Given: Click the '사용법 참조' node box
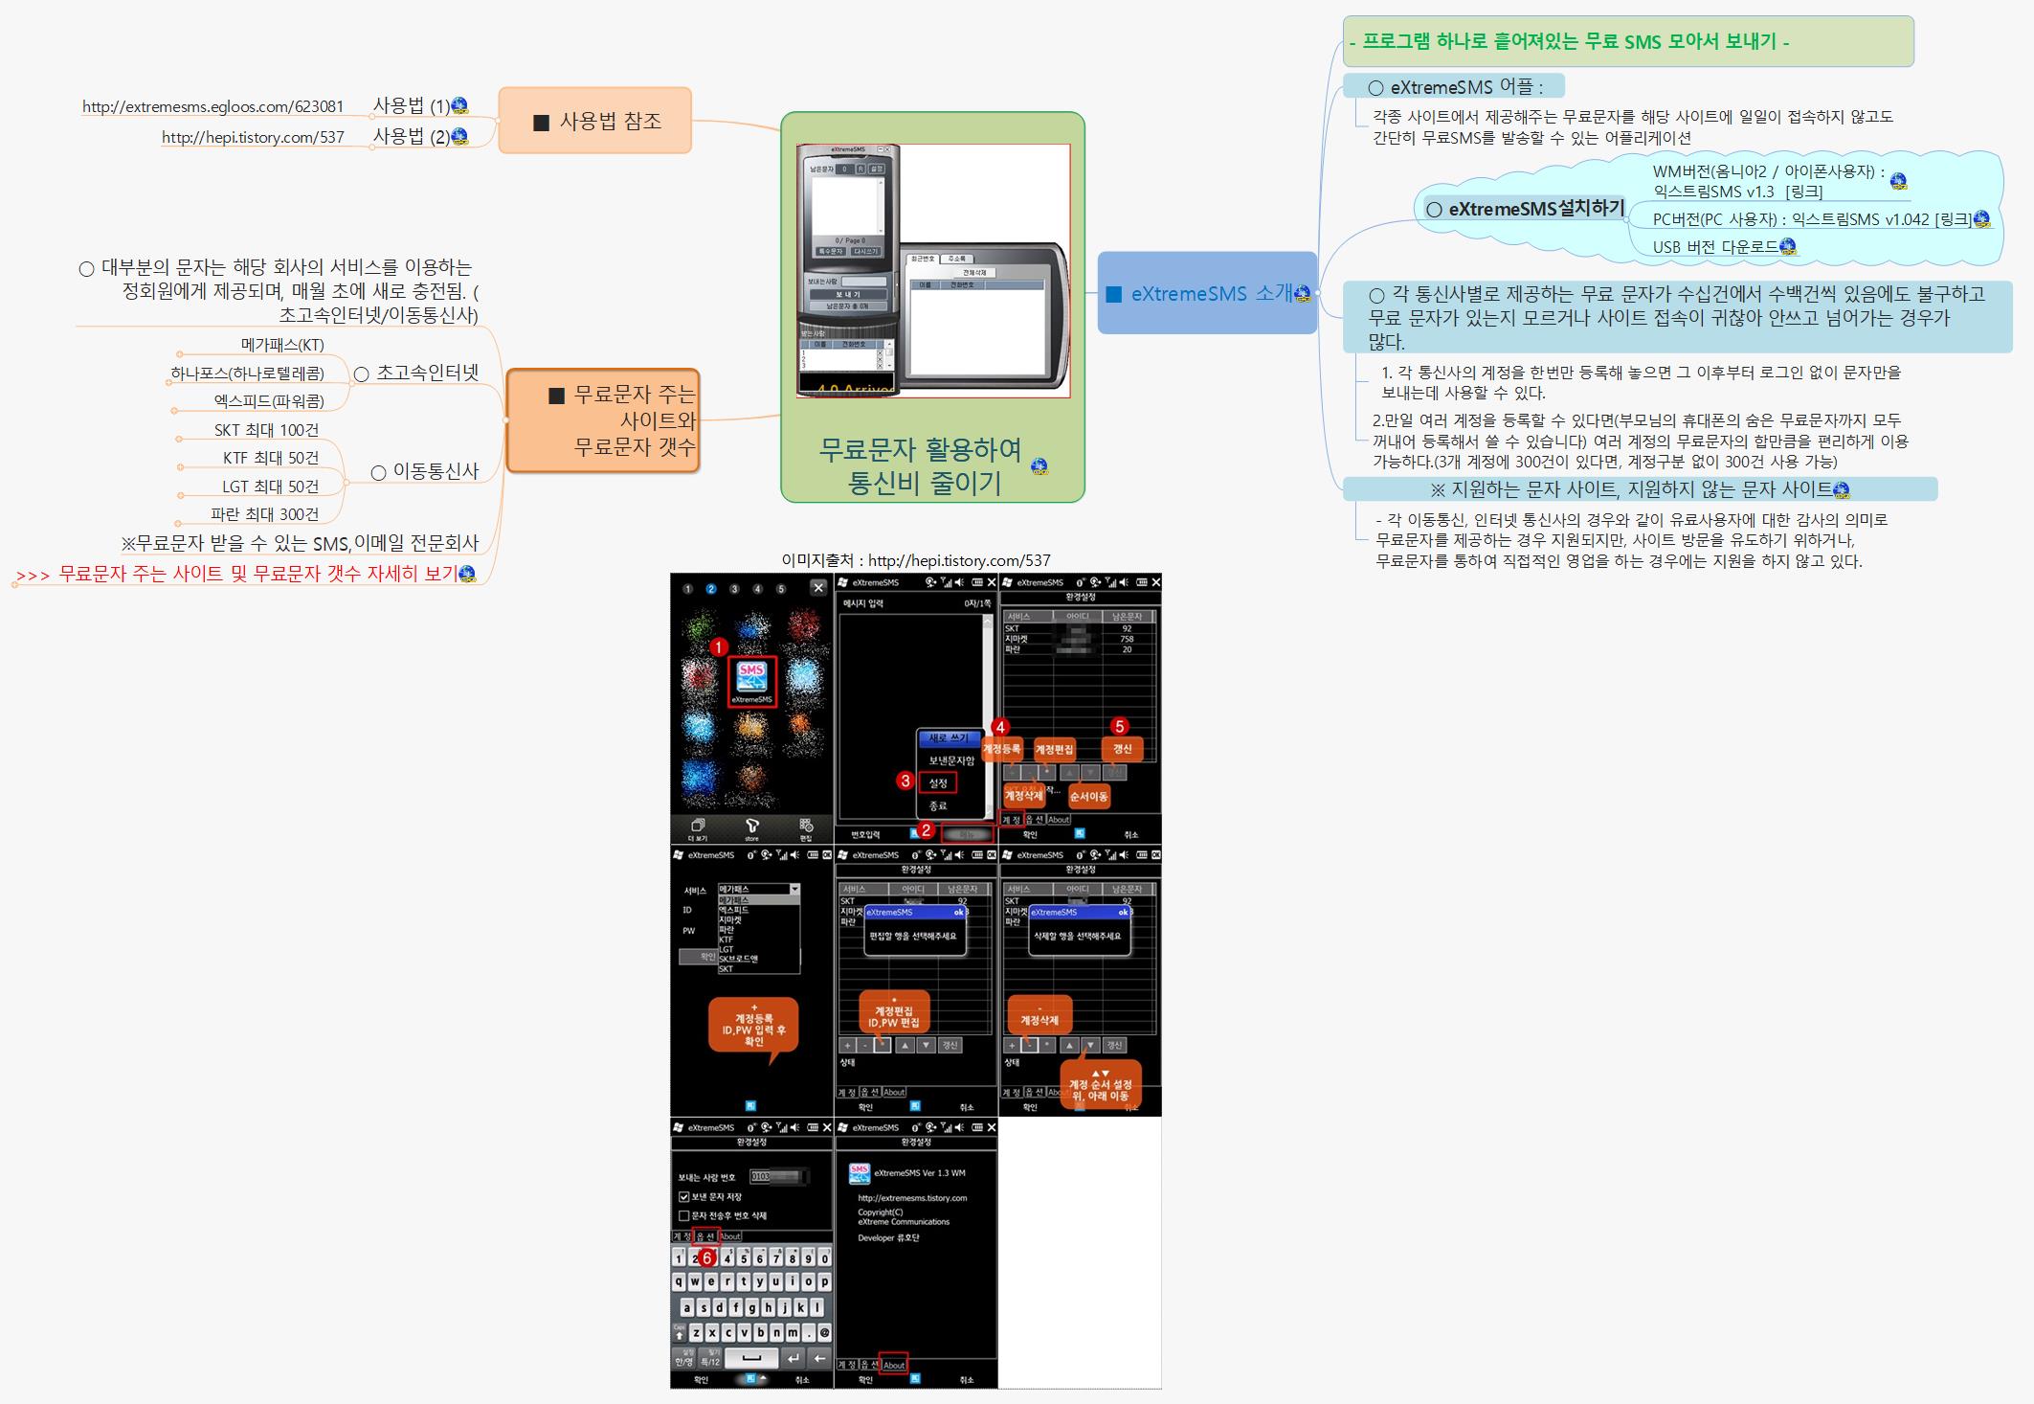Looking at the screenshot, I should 594,121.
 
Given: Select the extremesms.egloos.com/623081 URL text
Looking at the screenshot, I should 212,107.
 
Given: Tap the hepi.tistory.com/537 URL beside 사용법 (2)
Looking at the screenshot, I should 253,138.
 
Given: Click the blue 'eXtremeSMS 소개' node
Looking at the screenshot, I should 1206,293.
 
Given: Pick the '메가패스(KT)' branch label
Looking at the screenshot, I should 282,345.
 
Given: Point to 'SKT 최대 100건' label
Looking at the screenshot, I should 266,431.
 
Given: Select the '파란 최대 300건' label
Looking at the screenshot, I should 265,514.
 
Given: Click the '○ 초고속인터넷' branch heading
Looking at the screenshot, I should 417,373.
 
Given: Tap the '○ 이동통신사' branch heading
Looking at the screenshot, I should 425,471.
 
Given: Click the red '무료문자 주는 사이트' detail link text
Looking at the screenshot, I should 257,575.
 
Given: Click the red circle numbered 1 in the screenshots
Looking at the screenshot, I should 719,647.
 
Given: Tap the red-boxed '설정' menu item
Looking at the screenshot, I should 938,782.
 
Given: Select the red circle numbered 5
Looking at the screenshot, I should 1119,726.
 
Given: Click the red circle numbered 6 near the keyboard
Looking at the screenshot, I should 707,1257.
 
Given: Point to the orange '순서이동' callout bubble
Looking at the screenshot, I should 1088,796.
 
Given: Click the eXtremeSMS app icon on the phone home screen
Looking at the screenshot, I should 751,679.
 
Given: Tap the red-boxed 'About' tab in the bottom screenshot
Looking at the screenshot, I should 894,1365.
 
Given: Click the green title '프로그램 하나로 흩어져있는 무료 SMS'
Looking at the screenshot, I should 1570,41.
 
